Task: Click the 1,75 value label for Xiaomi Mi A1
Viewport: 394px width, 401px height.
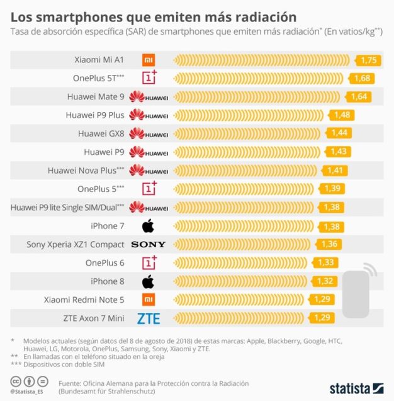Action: pos(369,60)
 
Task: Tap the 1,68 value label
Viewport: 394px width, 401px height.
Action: pos(363,79)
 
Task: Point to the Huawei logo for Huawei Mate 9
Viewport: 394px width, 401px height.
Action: pos(149,97)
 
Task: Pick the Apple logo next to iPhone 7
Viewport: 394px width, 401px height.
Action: pos(149,225)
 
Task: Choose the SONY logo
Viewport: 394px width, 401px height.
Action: pos(149,244)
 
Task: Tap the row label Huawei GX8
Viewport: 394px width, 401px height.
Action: pos(101,134)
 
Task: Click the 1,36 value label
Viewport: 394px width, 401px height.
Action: pos(329,244)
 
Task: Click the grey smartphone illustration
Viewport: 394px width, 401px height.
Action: pos(356,293)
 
